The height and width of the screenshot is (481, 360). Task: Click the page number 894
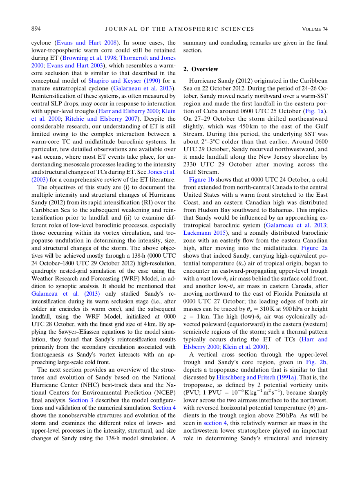[x=36, y=29]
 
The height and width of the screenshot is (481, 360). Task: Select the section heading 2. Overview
[x=200, y=69]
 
